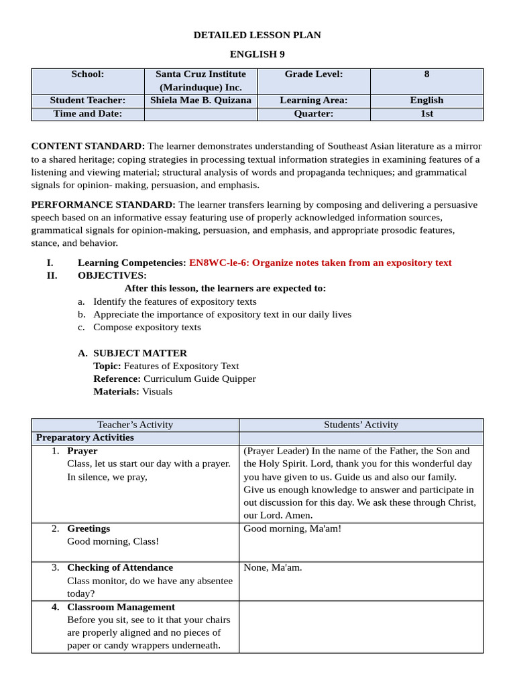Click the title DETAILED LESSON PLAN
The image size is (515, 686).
257,35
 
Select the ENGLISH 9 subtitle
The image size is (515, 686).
257,54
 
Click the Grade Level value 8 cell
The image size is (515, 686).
426,74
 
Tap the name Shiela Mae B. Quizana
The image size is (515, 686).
201,100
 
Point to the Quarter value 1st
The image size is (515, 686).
426,114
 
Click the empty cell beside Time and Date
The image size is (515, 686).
201,114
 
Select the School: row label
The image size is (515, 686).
88,74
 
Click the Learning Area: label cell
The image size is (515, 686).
313,100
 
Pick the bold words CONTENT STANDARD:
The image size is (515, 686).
88,146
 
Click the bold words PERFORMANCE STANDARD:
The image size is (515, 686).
103,204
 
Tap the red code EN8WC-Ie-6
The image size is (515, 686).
219,263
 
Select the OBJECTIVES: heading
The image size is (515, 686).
112,275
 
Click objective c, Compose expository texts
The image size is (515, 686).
147,327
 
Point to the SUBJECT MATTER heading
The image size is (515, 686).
140,353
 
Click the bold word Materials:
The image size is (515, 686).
116,391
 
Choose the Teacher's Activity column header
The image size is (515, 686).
135,425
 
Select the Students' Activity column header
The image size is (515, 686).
361,425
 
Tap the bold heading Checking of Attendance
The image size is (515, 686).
120,567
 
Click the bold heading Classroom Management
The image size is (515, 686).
121,607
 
